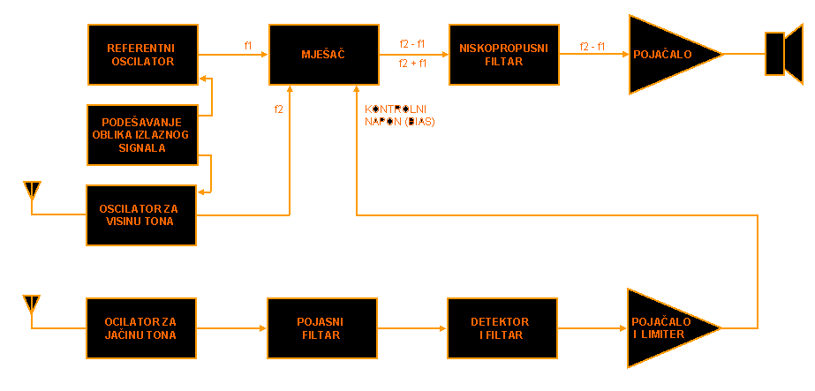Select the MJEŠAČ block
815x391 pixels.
coord(323,54)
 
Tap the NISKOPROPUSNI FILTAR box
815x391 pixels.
coord(503,54)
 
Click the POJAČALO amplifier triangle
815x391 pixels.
coord(667,54)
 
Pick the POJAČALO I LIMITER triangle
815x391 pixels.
coord(667,328)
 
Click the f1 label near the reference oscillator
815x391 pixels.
coord(248,45)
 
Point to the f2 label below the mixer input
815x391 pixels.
coord(279,109)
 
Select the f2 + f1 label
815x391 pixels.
coord(412,64)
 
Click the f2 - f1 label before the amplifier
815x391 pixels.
coord(592,46)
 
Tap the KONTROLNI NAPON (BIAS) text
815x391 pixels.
coord(400,116)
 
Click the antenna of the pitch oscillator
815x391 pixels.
coord(32,190)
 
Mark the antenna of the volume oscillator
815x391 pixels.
coord(32,304)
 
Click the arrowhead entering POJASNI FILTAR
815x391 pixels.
coord(263,328)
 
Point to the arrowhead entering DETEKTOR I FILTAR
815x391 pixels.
coord(443,328)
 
